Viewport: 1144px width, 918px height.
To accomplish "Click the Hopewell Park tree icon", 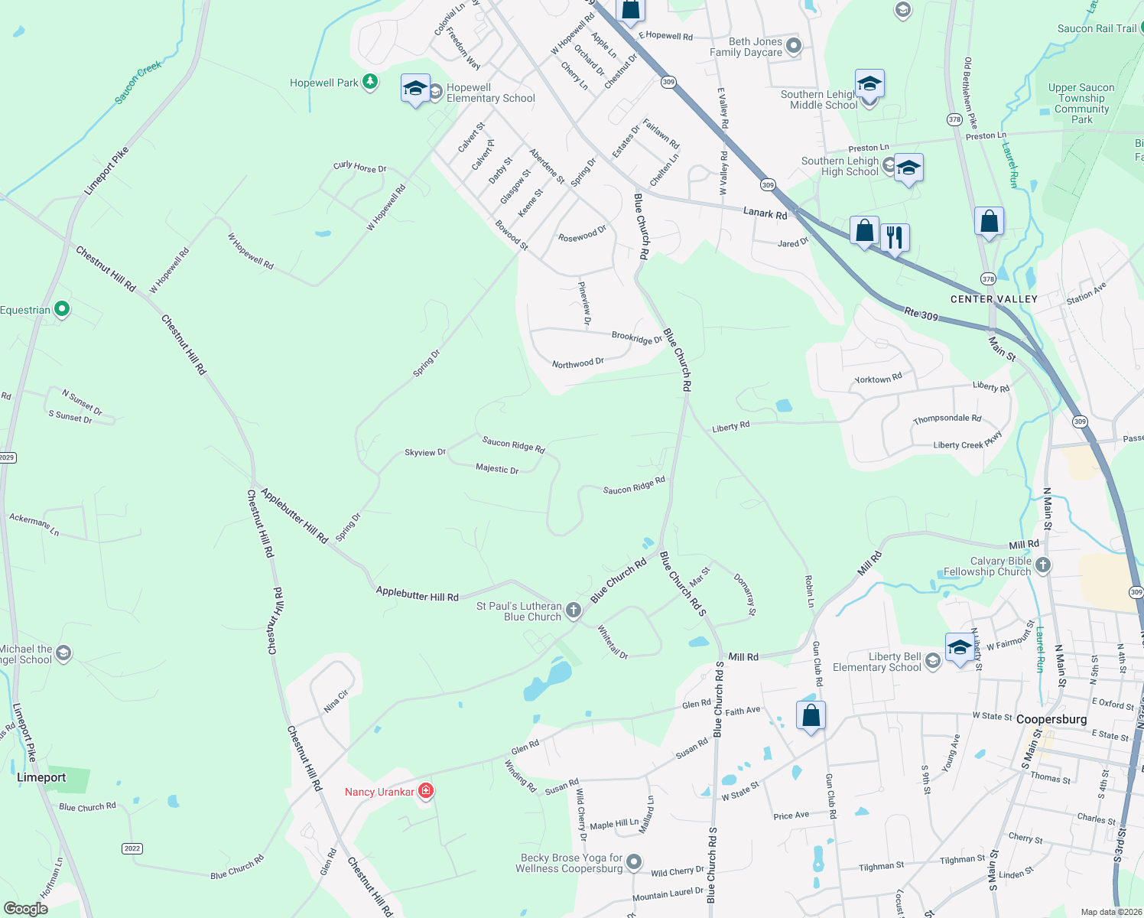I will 370,82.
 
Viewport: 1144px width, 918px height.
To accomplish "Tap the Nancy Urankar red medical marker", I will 426,791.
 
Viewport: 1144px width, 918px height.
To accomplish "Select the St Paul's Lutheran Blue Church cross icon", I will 574,610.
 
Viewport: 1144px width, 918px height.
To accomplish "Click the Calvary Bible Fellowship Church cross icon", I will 1043,565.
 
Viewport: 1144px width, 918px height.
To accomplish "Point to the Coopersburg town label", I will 1051,719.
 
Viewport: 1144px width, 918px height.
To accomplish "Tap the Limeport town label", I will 41,777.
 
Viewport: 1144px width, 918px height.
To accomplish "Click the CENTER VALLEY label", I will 993,299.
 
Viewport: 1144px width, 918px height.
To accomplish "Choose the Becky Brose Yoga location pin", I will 634,862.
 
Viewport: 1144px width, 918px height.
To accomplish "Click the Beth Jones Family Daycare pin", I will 794,46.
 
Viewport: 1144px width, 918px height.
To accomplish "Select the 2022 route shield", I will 132,848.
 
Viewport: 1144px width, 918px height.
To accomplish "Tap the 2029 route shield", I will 7,457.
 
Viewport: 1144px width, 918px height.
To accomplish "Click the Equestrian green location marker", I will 63,309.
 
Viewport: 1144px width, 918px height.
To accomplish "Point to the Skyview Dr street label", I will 425,453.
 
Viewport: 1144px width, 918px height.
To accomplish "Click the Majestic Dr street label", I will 497,469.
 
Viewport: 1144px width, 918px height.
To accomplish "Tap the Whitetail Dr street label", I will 613,642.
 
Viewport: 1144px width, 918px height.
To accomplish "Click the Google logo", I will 26,908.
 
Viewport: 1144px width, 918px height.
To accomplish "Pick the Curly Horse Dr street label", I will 360,167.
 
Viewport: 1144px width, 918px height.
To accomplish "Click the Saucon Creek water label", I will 138,82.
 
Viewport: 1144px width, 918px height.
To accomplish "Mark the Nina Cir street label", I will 336,701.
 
